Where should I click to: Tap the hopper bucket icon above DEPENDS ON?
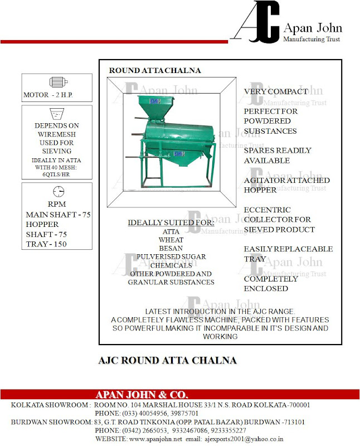pos(57,114)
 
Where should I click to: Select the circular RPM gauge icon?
pos(57,192)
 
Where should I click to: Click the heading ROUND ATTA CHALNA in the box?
pos(155,71)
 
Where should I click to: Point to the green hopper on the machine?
pos(154,107)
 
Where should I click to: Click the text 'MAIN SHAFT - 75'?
pos(59,215)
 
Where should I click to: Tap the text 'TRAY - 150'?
pos(49,244)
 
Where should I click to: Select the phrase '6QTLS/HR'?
pos(57,174)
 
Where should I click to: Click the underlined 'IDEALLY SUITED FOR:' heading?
pos(171,223)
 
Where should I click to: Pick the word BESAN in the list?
pos(171,248)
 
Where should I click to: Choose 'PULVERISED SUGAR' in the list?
pos(171,256)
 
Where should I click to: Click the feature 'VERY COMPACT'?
pos(276,91)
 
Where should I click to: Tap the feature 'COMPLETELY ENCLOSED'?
pos(271,283)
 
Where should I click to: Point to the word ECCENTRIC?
pos(267,210)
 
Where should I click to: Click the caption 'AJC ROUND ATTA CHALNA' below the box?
pos(167,360)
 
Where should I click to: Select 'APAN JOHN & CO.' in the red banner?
pos(142,395)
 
